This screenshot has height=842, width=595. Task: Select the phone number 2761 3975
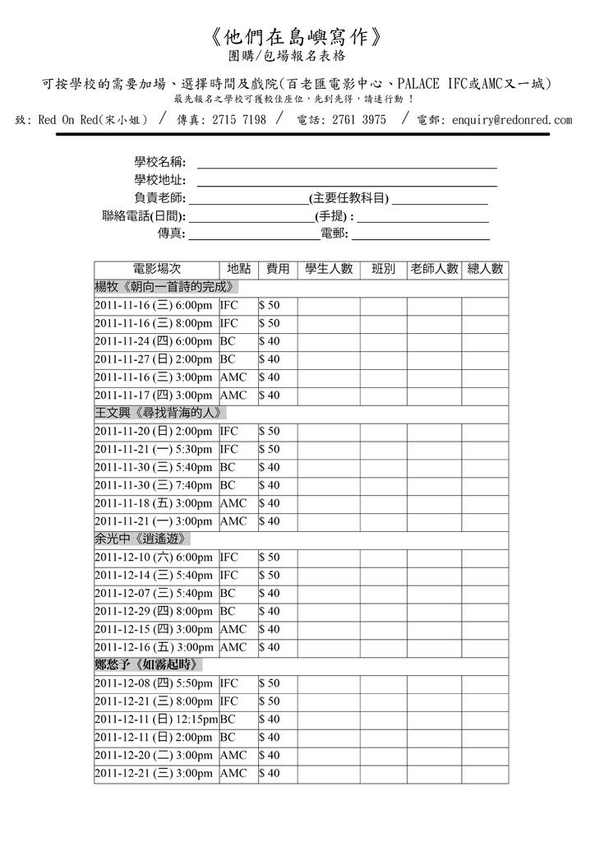(358, 120)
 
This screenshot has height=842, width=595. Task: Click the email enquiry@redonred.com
(512, 120)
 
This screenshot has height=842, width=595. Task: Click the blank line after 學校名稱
(346, 162)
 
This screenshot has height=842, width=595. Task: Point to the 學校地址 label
(159, 180)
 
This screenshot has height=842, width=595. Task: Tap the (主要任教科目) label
(348, 198)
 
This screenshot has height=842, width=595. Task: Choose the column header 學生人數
(329, 269)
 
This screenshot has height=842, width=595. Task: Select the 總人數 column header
(485, 269)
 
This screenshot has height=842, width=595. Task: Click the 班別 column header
(384, 269)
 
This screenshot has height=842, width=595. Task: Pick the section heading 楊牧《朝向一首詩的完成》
(167, 287)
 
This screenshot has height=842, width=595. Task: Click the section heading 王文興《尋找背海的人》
(160, 413)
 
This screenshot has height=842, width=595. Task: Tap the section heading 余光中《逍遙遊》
(144, 539)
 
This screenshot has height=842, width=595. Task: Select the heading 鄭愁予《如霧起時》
(149, 664)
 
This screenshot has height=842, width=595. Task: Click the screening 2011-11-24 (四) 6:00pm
(154, 341)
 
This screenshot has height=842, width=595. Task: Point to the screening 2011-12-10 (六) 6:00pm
(154, 557)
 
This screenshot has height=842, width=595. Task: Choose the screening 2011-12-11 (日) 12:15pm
(156, 719)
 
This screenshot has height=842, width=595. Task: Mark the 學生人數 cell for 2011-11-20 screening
(329, 431)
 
